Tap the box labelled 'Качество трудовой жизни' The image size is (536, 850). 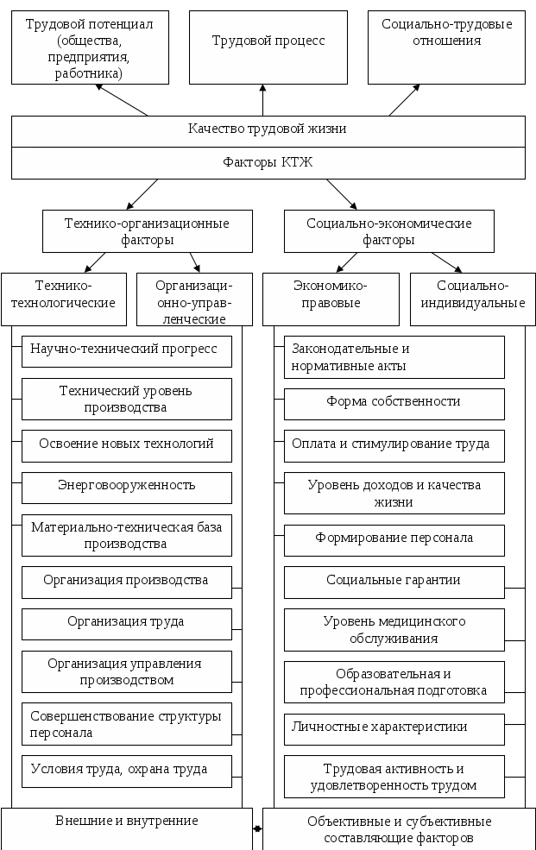pyautogui.click(x=268, y=130)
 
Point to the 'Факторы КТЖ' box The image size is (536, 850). pyautogui.click(x=268, y=162)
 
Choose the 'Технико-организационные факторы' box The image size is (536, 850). pyautogui.click(x=148, y=231)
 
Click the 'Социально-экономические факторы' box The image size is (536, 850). pyautogui.click(x=389, y=231)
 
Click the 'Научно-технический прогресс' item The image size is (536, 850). pyautogui.click(x=126, y=350)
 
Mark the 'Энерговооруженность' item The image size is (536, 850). pyautogui.click(x=126, y=487)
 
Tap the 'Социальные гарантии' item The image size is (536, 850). pyautogui.click(x=394, y=582)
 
